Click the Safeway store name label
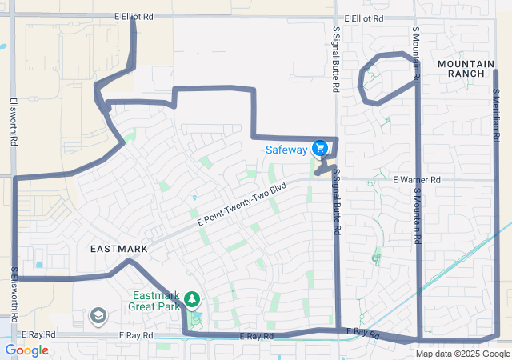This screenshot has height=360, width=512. [286, 150]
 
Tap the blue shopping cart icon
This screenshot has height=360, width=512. [320, 148]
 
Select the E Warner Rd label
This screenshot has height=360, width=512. [416, 180]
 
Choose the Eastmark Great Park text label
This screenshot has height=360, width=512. [157, 299]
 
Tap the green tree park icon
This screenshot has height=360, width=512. [192, 299]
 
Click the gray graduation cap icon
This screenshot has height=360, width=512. [98, 316]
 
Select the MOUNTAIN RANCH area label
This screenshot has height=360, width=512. [461, 68]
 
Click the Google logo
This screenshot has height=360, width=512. [26, 350]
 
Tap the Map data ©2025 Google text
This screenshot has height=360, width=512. [463, 354]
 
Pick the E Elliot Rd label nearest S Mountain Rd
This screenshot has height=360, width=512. [364, 18]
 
